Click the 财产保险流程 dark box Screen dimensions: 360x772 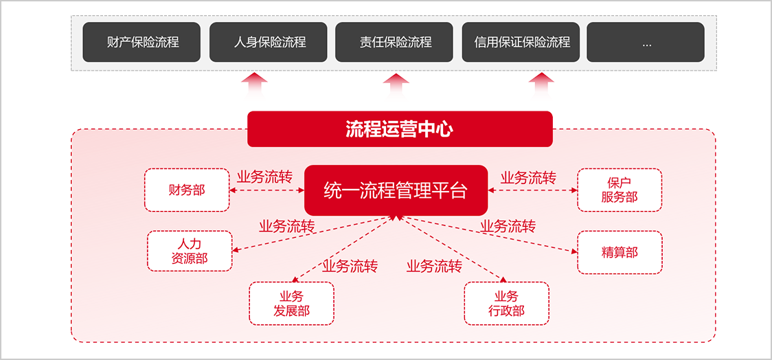tap(141, 42)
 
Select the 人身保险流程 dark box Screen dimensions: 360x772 tap(268, 42)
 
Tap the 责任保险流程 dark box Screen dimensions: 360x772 tap(394, 42)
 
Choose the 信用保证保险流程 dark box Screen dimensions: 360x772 tap(521, 42)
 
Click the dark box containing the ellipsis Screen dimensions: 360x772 tap(646, 42)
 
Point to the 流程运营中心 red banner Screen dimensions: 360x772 tap(400, 128)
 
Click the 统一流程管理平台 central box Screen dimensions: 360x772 tap(396, 190)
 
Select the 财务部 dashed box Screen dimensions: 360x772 tap(187, 190)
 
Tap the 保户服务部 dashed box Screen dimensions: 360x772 tap(620, 190)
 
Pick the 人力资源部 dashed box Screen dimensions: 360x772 tap(190, 251)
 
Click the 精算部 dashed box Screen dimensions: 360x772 tap(620, 252)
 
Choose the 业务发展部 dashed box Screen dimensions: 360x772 tap(291, 303)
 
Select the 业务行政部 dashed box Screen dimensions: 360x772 tap(507, 303)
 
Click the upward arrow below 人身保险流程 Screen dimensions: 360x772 tap(255, 87)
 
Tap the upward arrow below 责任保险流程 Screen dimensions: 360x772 tap(395, 87)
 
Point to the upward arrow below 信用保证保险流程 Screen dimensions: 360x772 tap(541, 87)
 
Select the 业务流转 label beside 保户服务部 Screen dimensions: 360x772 tap(528, 177)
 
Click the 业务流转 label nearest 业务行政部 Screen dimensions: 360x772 tap(434, 266)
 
